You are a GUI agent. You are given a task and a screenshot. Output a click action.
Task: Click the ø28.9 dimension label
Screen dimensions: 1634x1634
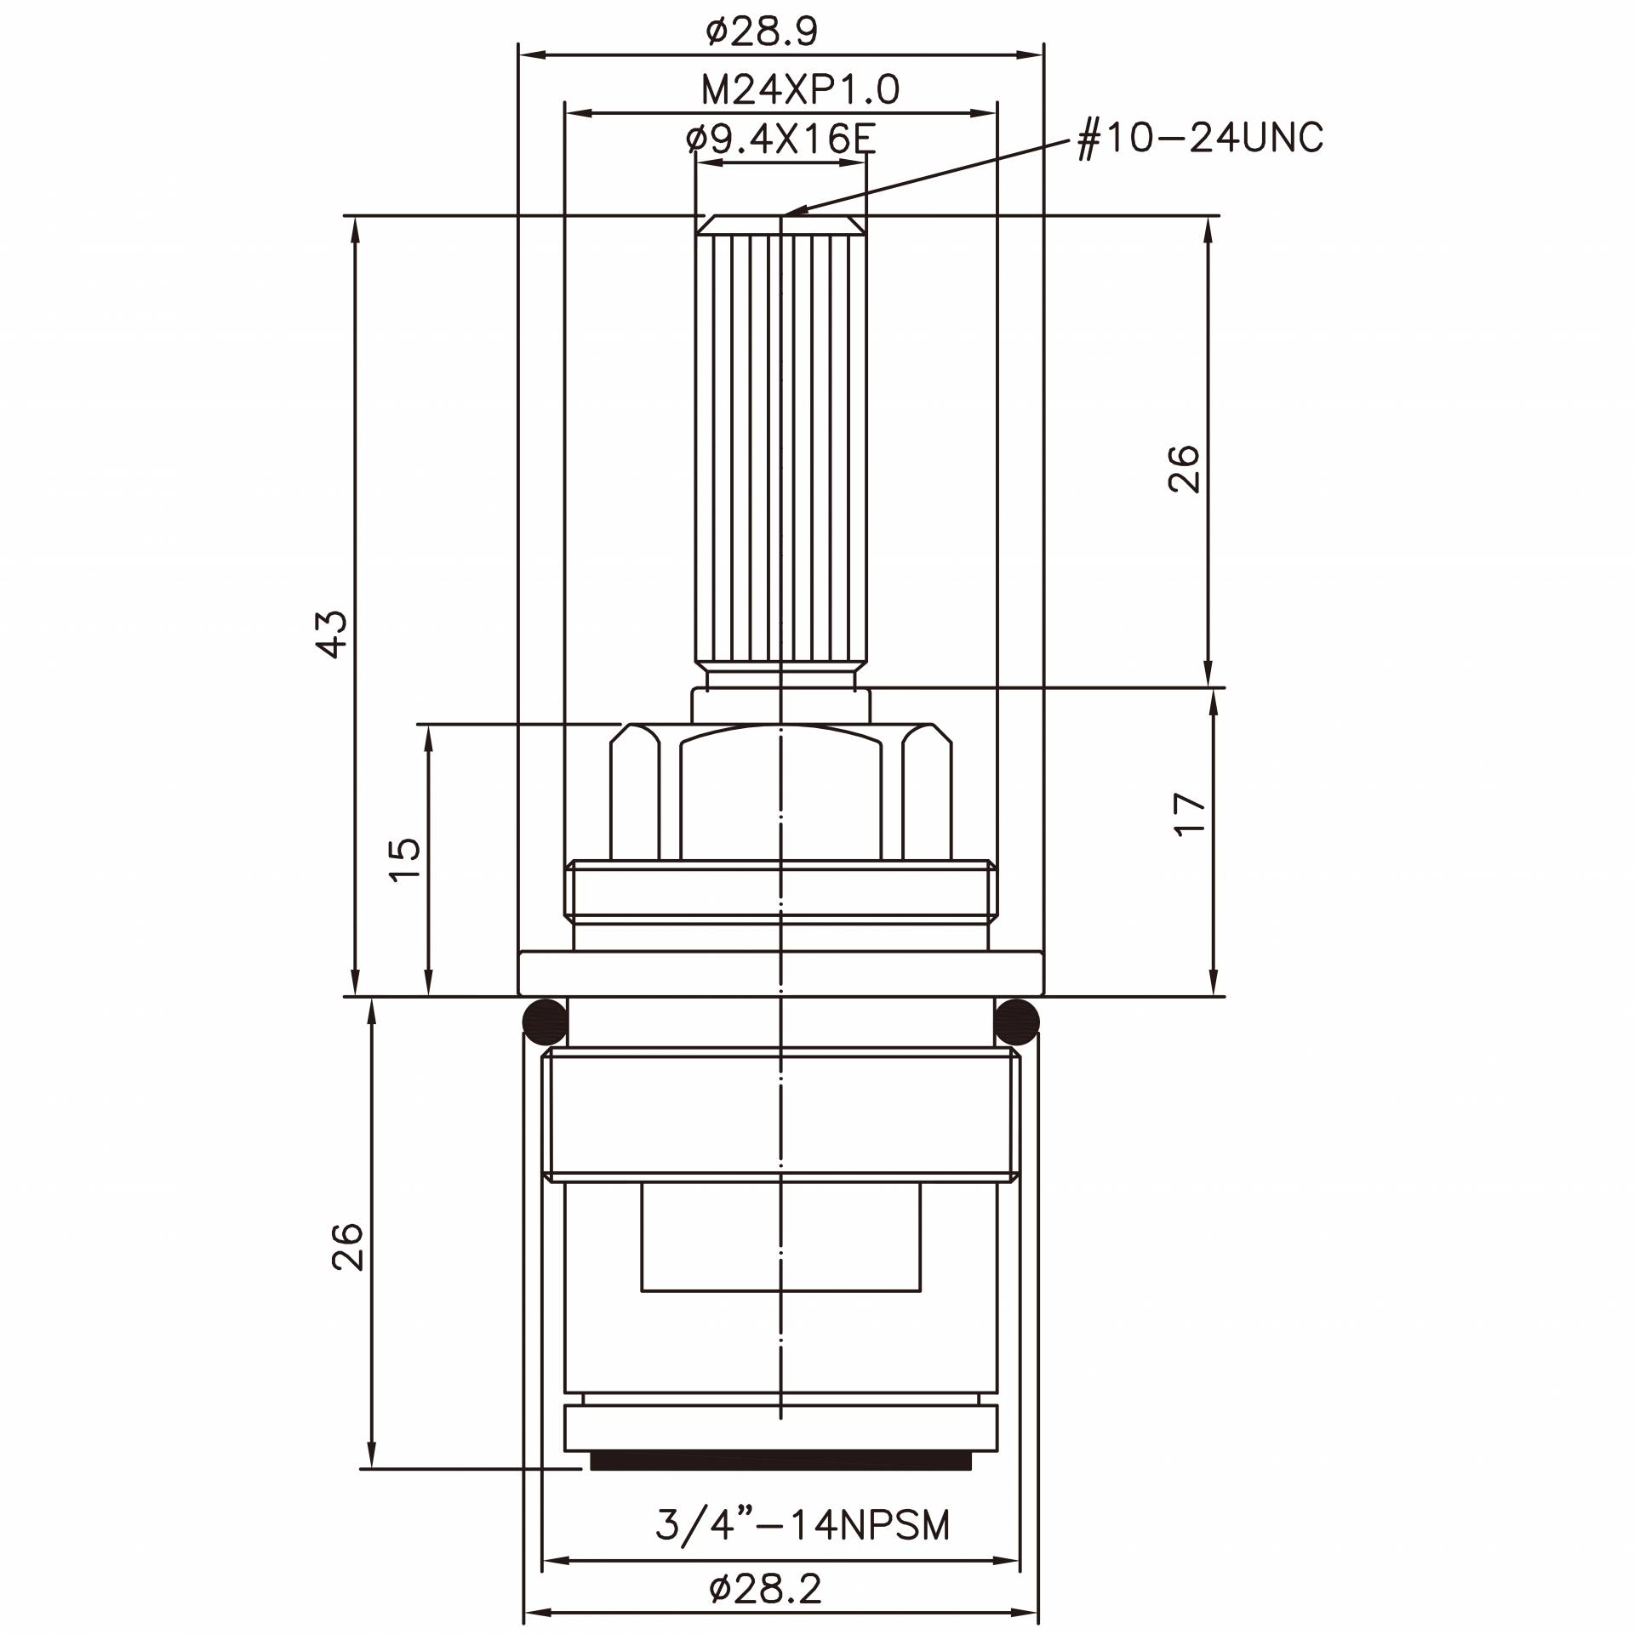pyautogui.click(x=762, y=32)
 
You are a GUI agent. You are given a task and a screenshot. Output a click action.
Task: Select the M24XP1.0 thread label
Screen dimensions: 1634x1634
pyautogui.click(x=799, y=89)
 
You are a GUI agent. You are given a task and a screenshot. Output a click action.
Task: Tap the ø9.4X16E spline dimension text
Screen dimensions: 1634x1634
pyautogui.click(x=780, y=139)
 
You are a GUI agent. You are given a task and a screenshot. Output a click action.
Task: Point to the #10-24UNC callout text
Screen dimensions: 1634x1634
pyautogui.click(x=1200, y=138)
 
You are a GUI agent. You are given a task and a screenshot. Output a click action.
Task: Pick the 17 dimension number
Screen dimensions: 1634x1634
pyautogui.click(x=1189, y=814)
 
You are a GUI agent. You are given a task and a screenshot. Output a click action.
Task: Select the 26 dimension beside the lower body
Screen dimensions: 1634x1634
pyautogui.click(x=347, y=1247)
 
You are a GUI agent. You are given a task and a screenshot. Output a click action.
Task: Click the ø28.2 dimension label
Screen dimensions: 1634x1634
pyautogui.click(x=765, y=1589)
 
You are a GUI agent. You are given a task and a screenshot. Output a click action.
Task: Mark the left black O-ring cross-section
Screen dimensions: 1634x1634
pyautogui.click(x=544, y=1022)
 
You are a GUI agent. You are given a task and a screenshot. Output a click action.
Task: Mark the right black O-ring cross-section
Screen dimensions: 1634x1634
pyautogui.click(x=1017, y=1022)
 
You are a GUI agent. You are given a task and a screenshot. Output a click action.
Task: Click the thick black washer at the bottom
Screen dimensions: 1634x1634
pyautogui.click(x=780, y=1461)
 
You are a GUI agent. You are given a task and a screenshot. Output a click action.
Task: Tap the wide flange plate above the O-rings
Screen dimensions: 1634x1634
pyautogui.click(x=780, y=973)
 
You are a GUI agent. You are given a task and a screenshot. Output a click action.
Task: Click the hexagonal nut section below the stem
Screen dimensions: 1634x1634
pyautogui.click(x=780, y=791)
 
